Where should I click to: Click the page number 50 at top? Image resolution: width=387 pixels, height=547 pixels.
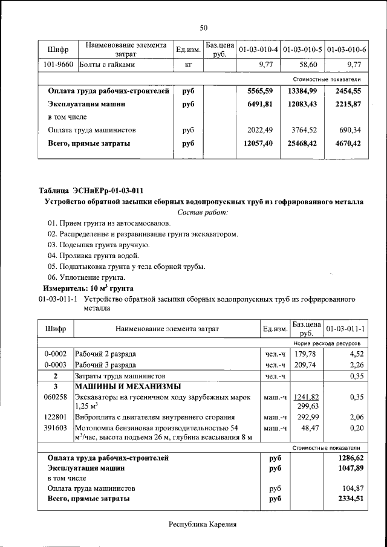point(204,27)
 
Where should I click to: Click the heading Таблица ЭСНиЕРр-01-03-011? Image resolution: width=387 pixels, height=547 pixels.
point(91,190)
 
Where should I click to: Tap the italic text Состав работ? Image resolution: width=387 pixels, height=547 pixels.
point(203,213)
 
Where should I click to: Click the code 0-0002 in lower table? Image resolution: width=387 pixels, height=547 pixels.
point(56,353)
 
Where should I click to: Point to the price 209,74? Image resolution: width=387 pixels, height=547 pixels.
point(305,364)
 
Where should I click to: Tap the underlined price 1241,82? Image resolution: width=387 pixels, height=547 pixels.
point(305,397)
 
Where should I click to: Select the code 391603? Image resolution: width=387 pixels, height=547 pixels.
point(56,428)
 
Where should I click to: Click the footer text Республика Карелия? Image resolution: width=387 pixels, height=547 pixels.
point(203,525)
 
